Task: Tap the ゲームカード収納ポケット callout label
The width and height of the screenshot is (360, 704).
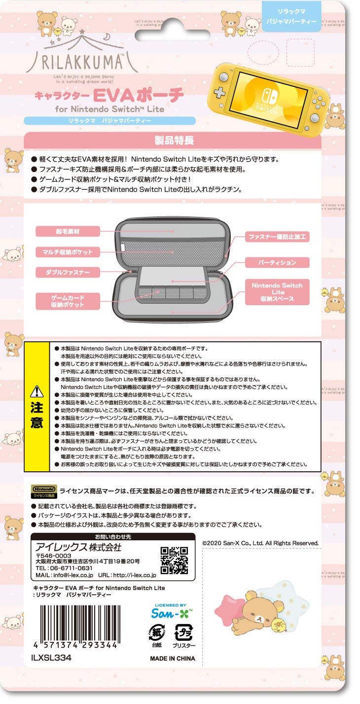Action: click(x=68, y=302)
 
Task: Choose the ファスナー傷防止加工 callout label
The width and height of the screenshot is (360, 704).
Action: click(x=277, y=237)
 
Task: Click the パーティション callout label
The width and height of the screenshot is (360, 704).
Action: click(x=277, y=262)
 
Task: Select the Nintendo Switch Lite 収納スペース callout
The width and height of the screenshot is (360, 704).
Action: click(x=277, y=292)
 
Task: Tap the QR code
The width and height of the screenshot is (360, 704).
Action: click(x=174, y=561)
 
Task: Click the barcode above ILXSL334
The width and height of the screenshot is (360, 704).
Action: click(x=77, y=624)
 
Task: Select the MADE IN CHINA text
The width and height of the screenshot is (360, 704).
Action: click(x=172, y=658)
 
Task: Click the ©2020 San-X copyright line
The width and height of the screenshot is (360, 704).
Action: click(x=260, y=543)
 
